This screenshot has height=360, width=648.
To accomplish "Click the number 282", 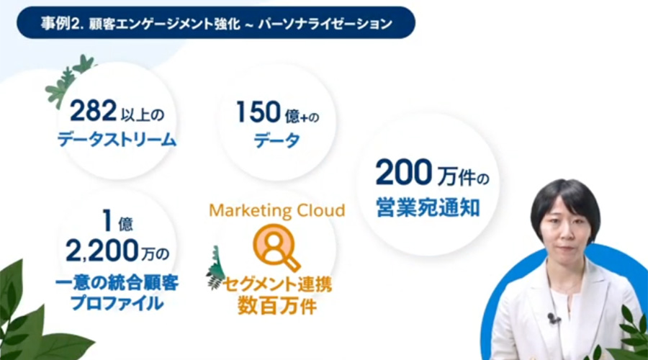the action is click(94, 111).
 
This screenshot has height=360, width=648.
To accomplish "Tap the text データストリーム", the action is click(117, 140).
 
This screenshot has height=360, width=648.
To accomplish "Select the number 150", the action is click(258, 112).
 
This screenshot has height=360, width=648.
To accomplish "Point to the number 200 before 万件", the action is click(404, 172).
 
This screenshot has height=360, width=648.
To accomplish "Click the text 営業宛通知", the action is click(428, 207).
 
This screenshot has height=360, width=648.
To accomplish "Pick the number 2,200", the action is click(102, 251).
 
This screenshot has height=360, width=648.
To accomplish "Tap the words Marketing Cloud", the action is click(277, 210).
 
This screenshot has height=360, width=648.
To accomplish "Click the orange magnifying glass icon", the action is click(276, 247).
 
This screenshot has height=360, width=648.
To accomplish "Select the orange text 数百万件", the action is click(277, 306).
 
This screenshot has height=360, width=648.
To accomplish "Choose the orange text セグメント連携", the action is click(277, 284).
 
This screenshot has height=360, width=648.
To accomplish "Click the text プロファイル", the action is click(117, 303).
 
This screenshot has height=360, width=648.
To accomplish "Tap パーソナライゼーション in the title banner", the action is click(325, 24).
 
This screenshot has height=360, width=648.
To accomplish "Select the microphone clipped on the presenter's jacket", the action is click(552, 318).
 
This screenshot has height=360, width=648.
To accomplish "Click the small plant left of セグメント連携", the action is click(215, 269).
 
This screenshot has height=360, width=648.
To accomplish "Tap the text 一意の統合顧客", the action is click(117, 283).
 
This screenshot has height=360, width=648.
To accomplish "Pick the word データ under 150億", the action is click(277, 140).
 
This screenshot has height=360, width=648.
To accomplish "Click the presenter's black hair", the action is click(565, 197).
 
